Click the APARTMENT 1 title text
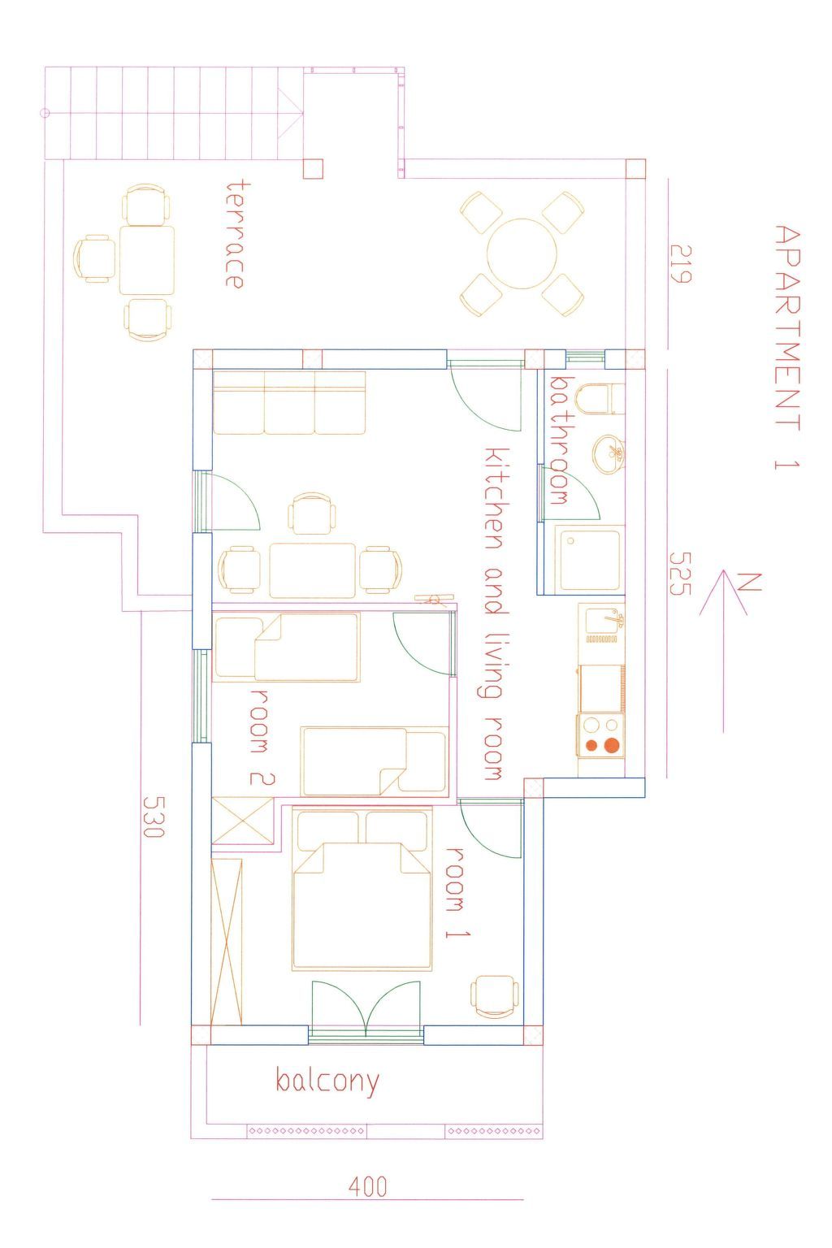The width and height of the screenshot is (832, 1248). point(788,348)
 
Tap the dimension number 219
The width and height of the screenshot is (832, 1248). point(680,264)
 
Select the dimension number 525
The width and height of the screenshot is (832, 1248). point(680,574)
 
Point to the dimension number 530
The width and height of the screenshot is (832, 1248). point(154,817)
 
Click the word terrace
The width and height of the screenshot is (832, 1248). point(234,234)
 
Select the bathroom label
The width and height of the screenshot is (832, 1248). point(559,440)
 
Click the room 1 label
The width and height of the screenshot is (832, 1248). point(458,893)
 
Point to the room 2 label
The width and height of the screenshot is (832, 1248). point(262,738)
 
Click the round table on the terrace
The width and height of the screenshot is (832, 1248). point(522,254)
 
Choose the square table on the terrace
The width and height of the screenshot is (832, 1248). point(146,260)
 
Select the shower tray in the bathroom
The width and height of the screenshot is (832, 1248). point(590,560)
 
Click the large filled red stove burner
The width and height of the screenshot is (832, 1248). point(612,745)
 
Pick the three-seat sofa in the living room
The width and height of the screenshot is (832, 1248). point(288,402)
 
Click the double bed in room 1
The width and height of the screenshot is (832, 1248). point(362,889)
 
